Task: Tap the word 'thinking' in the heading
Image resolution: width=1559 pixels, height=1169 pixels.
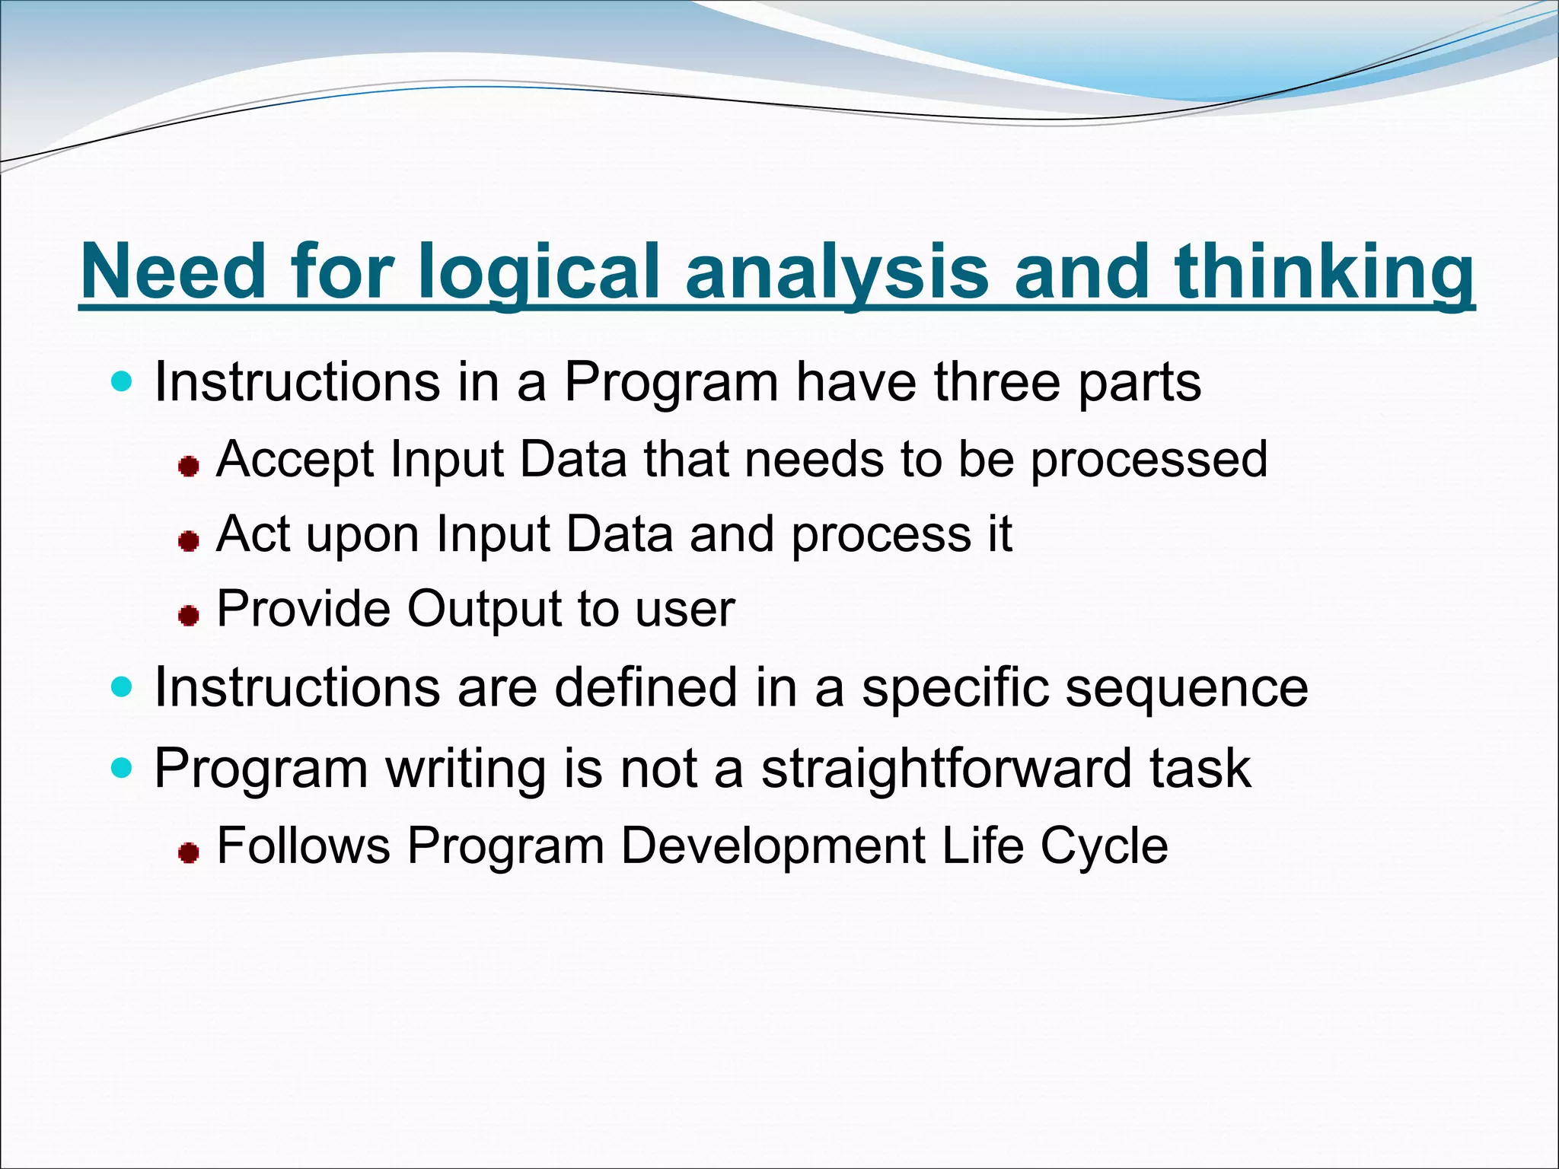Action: [x=1324, y=272]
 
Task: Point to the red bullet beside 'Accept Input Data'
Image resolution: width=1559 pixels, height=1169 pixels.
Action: [x=188, y=466]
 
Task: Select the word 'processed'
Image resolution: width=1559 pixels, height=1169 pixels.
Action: [x=1149, y=460]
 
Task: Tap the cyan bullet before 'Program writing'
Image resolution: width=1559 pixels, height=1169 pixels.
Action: [x=121, y=768]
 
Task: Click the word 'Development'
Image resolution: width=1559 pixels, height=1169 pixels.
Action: [x=773, y=846]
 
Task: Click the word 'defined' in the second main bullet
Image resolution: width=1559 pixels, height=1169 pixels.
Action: [x=646, y=688]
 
